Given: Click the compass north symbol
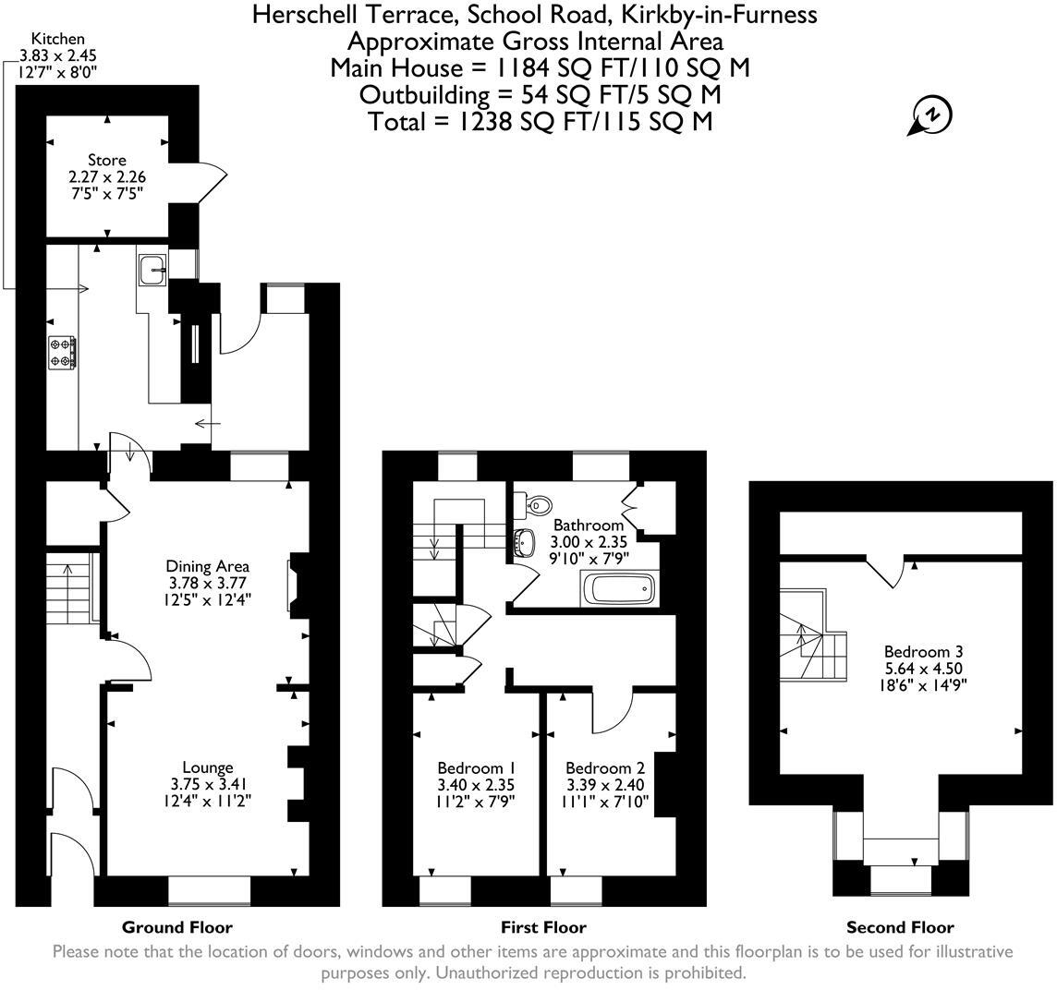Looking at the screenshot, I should pyautogui.click(x=932, y=116).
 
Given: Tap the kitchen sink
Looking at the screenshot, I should pyautogui.click(x=152, y=270).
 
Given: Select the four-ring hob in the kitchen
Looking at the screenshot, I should pyautogui.click(x=63, y=352).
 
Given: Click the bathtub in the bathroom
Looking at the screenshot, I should pyautogui.click(x=617, y=588).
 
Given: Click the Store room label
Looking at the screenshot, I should pyautogui.click(x=107, y=161).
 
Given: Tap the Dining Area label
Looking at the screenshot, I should pyautogui.click(x=208, y=566).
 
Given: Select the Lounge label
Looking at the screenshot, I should pyautogui.click(x=207, y=767).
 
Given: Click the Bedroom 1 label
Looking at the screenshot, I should pyautogui.click(x=476, y=767).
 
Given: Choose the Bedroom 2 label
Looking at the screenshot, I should pyautogui.click(x=605, y=767).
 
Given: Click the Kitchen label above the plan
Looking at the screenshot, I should pyautogui.click(x=58, y=39).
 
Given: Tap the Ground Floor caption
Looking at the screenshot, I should pyautogui.click(x=177, y=927).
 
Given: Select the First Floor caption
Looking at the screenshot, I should pyautogui.click(x=543, y=927).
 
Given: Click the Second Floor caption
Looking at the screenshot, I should pyautogui.click(x=900, y=927).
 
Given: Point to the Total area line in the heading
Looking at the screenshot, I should pyautogui.click(x=540, y=121).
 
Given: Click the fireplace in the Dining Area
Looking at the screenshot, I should pyautogui.click(x=295, y=584).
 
